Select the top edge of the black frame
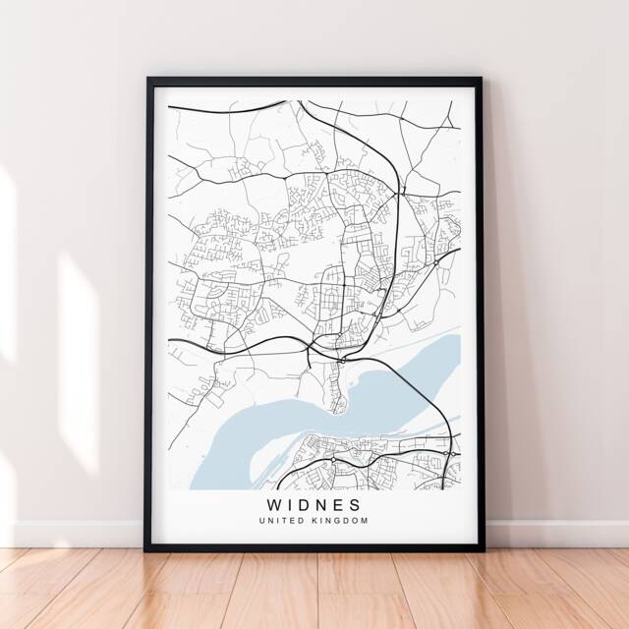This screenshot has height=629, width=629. point(314,81)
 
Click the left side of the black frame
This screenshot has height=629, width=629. point(149,314)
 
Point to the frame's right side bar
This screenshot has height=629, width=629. point(481,314)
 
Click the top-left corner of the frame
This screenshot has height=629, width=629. point(149,81)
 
